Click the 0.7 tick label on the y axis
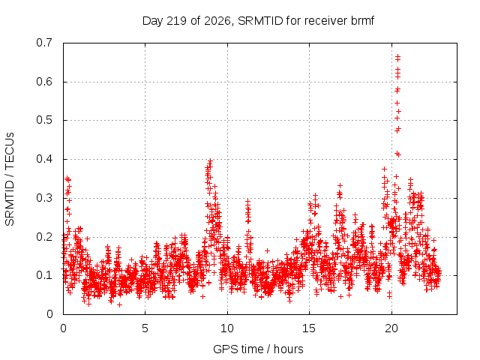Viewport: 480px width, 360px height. coord(44,43)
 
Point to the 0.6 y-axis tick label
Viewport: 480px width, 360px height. coord(44,82)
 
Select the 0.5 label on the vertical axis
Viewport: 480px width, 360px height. coord(44,120)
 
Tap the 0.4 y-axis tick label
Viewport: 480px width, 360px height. coord(44,159)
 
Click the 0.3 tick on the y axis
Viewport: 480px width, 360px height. coord(44,198)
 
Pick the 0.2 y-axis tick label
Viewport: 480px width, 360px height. coord(44,237)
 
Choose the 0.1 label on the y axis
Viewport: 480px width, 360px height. coord(44,275)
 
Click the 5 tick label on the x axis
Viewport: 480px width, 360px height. coord(145,328)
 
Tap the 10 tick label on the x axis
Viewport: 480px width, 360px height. coord(227,328)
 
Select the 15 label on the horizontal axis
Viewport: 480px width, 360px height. coord(309,328)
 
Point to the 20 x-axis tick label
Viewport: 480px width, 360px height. coord(391,328)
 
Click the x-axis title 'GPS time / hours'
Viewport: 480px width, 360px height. coord(258,349)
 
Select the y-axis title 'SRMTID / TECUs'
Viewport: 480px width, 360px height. coord(10,179)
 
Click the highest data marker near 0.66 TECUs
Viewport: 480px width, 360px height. coord(397,57)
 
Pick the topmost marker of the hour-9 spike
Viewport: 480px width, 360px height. coord(210,160)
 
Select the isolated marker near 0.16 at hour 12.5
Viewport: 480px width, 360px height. coord(267,250)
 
